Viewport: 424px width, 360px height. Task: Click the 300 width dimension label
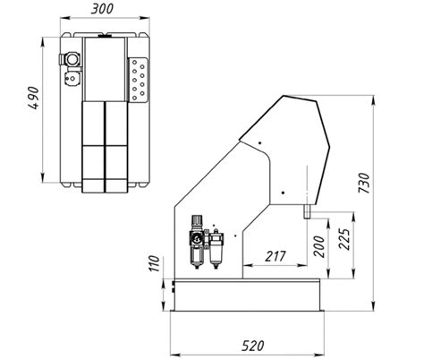point(102,9)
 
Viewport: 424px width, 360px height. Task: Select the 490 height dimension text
point(34,98)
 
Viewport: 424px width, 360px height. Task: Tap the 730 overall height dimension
point(365,183)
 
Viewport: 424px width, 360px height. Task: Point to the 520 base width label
point(253,346)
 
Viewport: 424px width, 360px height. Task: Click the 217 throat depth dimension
point(276,256)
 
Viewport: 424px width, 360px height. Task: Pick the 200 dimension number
point(319,246)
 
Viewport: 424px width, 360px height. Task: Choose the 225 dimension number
point(343,239)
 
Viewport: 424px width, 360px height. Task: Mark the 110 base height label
point(155,264)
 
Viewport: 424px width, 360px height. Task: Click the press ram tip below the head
point(307,211)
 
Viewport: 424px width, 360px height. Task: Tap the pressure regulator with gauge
point(197,241)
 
